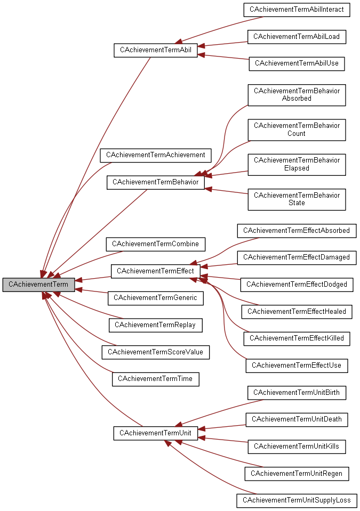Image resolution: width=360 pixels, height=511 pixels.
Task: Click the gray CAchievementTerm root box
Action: pyautogui.click(x=38, y=285)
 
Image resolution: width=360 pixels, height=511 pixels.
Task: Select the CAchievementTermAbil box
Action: pyautogui.click(x=155, y=50)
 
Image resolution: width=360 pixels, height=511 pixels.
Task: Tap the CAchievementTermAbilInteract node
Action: pyautogui.click(x=297, y=10)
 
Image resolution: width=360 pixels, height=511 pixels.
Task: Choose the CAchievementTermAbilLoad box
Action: pyautogui.click(x=297, y=37)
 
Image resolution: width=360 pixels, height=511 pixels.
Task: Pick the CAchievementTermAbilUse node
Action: pyautogui.click(x=297, y=63)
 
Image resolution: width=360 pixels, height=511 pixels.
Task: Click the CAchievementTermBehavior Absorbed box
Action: pyautogui.click(x=297, y=94)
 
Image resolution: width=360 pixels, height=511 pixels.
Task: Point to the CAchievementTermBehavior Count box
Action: pyautogui.click(x=297, y=129)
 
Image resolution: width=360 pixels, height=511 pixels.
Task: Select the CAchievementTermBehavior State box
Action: pyautogui.click(x=297, y=199)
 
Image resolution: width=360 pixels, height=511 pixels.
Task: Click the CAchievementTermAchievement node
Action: pyautogui.click(x=155, y=155)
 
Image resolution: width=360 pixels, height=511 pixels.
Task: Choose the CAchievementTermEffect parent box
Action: pyautogui.click(x=155, y=271)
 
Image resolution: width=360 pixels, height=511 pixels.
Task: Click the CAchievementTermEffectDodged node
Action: pyautogui.click(x=297, y=285)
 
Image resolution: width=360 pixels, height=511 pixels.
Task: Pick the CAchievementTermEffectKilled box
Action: pyautogui.click(x=297, y=338)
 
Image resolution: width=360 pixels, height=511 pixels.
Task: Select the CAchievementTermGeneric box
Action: pyautogui.click(x=155, y=298)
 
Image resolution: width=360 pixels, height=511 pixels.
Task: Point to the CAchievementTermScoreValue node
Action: pyautogui.click(x=155, y=352)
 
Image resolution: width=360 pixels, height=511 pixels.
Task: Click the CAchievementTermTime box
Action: pyautogui.click(x=155, y=379)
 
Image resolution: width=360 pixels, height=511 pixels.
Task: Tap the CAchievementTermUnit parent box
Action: pyautogui.click(x=155, y=433)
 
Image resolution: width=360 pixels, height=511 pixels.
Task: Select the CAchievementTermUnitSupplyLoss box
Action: pyautogui.click(x=297, y=500)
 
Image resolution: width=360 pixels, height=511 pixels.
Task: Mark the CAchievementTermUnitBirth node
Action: pyautogui.click(x=297, y=393)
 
